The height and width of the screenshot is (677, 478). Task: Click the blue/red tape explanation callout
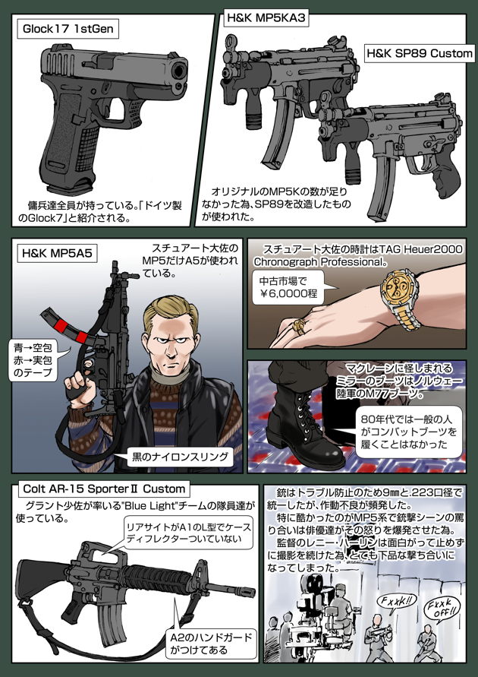(x=39, y=359)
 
